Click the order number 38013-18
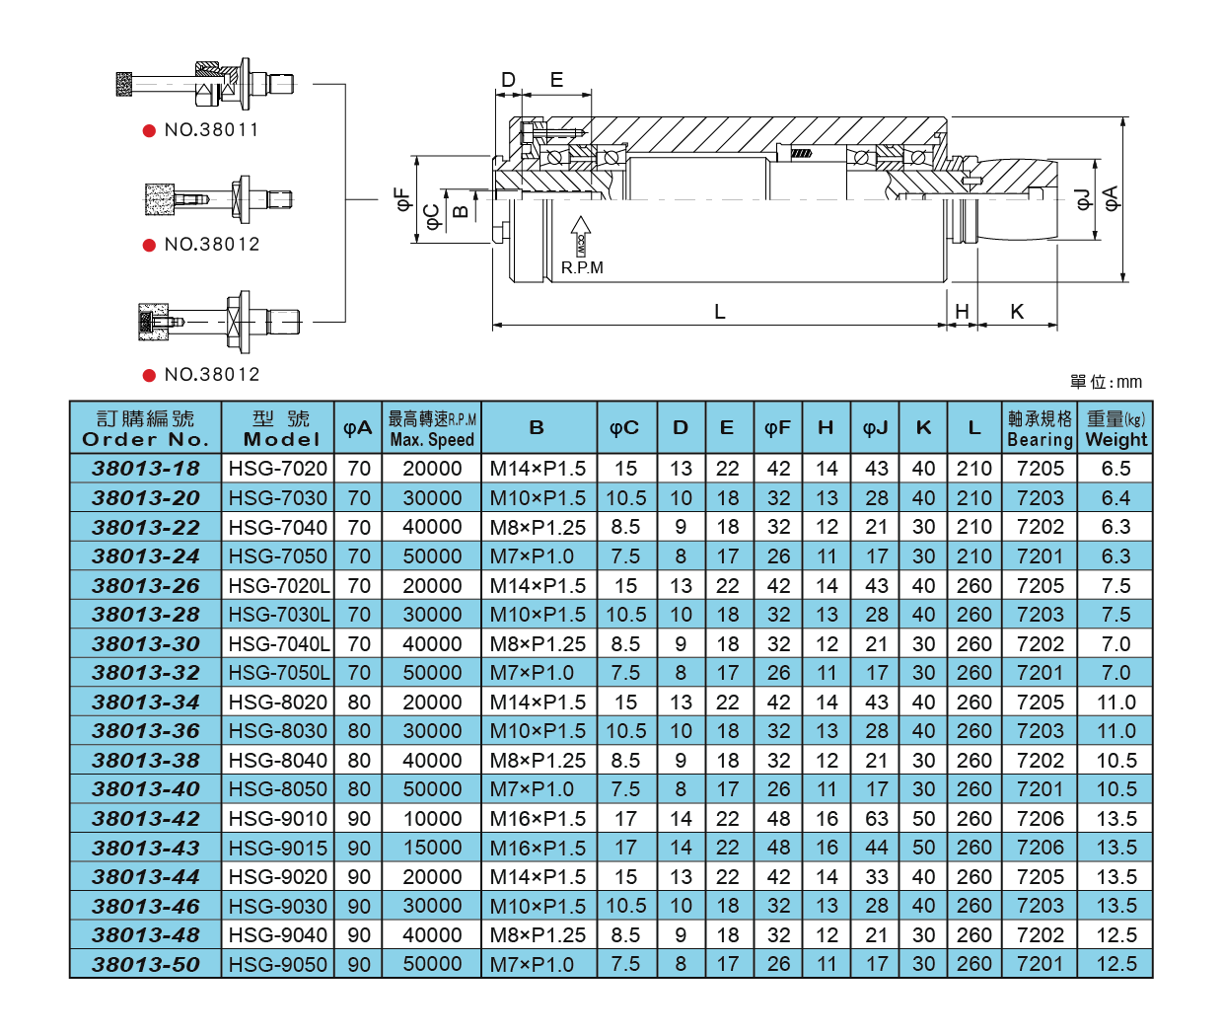coord(146,469)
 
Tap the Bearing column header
coord(1040,428)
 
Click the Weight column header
coord(1115,428)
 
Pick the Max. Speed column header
coord(432,428)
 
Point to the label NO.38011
coord(211,130)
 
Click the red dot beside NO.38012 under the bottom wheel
coord(149,375)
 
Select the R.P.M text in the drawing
coord(582,267)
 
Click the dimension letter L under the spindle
coord(719,312)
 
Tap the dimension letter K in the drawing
coord(1017,312)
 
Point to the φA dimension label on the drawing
coord(1112,197)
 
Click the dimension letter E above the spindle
coord(556,80)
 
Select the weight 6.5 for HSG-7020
coord(1115,469)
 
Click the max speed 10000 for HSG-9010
coord(432,819)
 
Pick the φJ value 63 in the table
coord(876,819)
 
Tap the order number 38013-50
coord(146,964)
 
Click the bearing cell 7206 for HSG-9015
coord(1040,848)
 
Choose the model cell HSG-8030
coord(278,731)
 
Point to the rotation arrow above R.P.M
coord(581,237)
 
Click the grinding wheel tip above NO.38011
coord(125,84)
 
